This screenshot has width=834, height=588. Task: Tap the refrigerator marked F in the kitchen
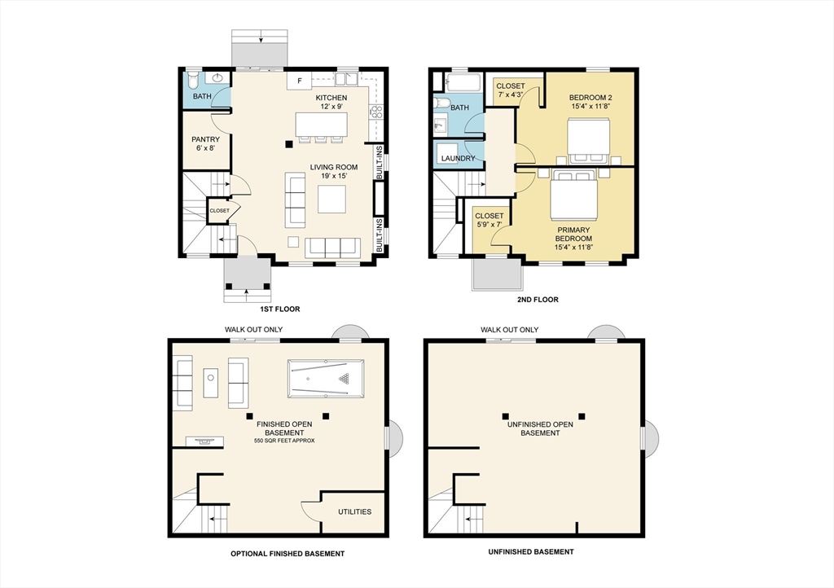click(299, 81)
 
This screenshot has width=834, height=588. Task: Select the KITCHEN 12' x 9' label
click(331, 102)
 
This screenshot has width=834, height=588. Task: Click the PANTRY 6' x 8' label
click(205, 143)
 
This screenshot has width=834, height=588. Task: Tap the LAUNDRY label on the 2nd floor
click(458, 158)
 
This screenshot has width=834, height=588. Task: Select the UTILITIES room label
click(354, 512)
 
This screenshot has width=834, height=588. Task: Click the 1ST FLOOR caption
click(280, 309)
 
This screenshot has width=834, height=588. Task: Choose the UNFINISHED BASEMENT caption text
click(530, 551)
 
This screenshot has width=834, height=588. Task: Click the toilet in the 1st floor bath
click(193, 80)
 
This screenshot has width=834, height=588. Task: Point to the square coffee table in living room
click(331, 199)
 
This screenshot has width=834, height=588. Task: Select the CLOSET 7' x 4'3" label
click(511, 90)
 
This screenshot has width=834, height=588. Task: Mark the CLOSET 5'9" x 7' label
click(489, 221)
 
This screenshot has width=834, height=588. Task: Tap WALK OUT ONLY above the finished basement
click(254, 330)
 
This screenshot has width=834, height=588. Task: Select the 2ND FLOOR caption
click(538, 300)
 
